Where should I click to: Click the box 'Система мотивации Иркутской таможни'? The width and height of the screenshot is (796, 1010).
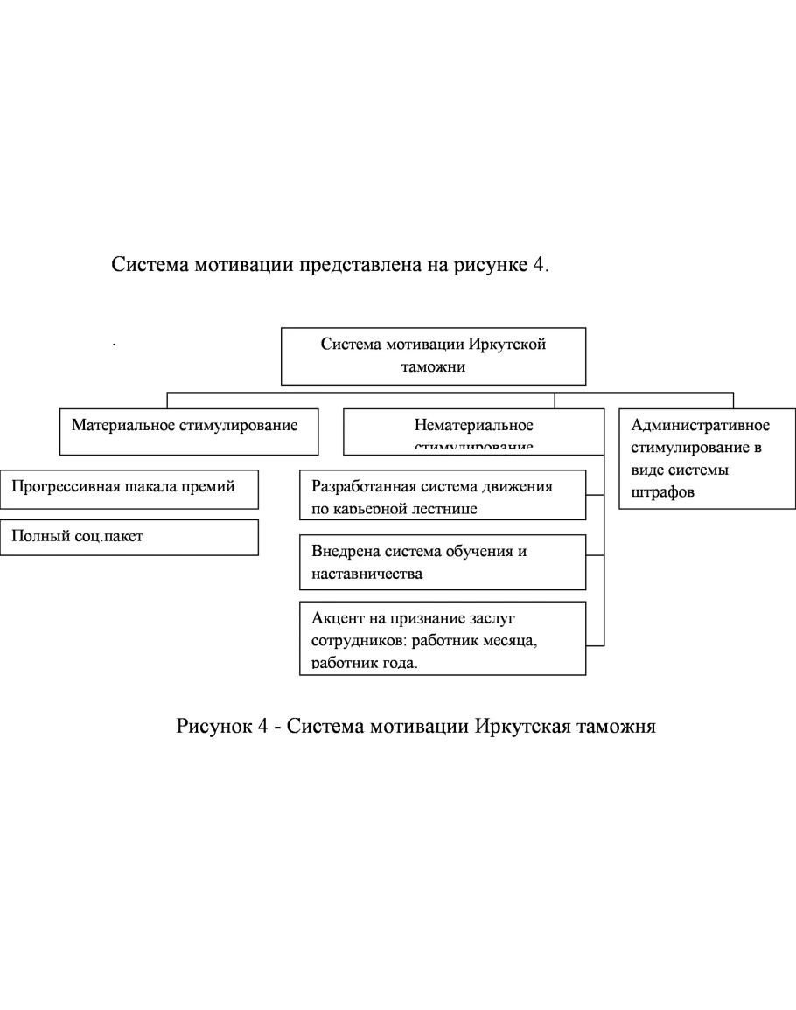433,356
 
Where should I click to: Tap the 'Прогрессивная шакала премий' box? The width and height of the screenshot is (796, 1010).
129,490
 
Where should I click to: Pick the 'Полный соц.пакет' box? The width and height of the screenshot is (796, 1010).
129,537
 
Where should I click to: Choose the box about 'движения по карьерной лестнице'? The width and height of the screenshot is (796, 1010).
442,496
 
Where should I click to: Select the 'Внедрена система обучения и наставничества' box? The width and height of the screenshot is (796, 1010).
442,562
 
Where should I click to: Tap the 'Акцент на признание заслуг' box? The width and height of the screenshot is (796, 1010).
442,638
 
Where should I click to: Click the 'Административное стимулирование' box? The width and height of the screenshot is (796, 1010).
707,458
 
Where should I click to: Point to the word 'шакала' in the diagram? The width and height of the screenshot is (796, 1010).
155,487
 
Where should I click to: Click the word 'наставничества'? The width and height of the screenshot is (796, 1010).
367,574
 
